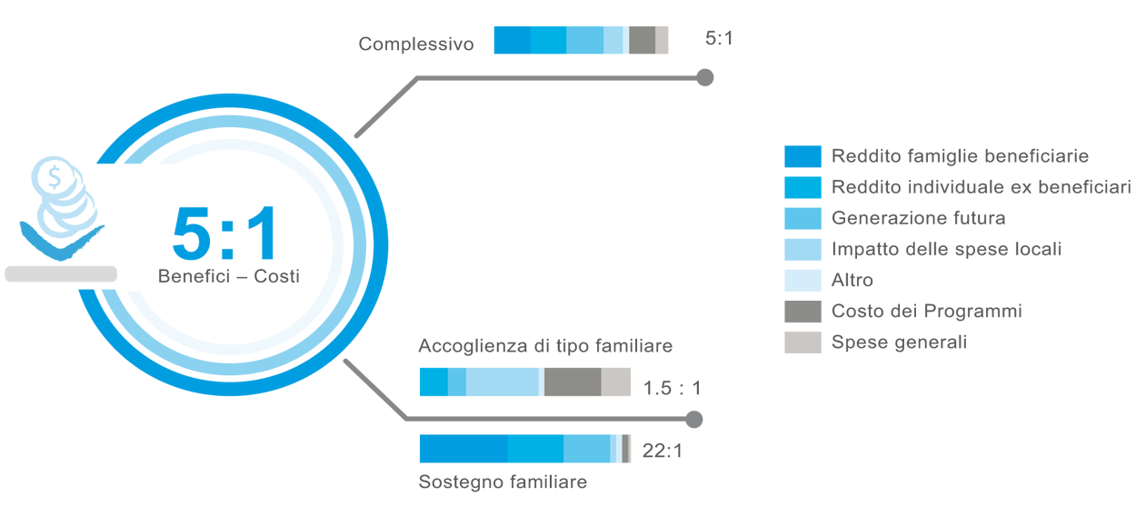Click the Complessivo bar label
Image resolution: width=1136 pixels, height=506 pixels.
[415, 44]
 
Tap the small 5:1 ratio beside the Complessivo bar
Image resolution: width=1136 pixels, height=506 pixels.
[719, 39]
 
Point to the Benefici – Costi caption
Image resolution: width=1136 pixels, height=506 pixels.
[228, 277]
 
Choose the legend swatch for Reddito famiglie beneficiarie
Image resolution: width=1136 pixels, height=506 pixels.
[802, 156]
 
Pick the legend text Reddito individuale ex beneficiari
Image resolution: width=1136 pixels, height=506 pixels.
[981, 187]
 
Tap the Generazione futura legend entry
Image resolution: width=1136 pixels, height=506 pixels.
[918, 218]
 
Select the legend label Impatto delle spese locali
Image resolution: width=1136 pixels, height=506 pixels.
[946, 249]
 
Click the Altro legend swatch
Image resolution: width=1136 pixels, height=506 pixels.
[802, 281]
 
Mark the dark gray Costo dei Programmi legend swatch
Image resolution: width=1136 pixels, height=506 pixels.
[802, 312]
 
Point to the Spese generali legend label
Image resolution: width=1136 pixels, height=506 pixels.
[899, 342]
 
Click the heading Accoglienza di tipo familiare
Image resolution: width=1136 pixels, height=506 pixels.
[545, 347]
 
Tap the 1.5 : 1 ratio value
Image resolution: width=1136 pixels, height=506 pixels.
[672, 389]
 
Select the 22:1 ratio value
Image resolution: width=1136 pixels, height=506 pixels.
[662, 450]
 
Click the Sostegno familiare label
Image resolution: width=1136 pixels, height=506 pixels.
[503, 481]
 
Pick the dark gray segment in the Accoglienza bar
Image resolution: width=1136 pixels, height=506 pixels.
[573, 382]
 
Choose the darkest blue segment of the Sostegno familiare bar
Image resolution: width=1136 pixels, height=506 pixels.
[463, 449]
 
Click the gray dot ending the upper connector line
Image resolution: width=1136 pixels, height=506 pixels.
[704, 78]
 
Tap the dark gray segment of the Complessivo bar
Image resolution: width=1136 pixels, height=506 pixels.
[642, 40]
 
